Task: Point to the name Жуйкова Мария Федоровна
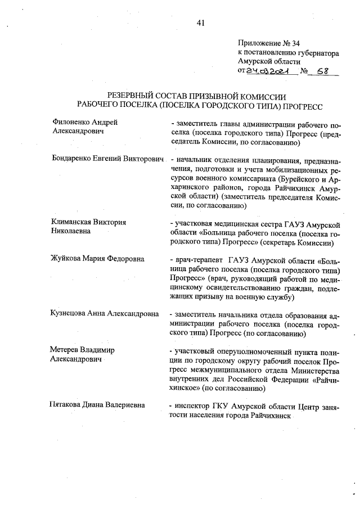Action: coord(97,259)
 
